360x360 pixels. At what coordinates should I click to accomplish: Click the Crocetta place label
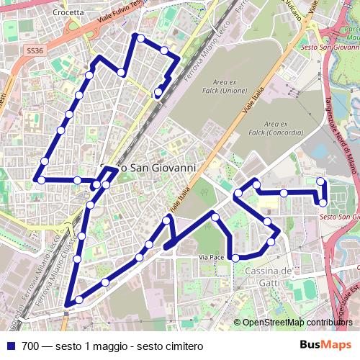[x=68, y=12]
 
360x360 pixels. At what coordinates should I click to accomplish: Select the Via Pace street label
[x=213, y=257]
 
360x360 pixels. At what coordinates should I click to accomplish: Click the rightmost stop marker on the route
[x=323, y=203]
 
